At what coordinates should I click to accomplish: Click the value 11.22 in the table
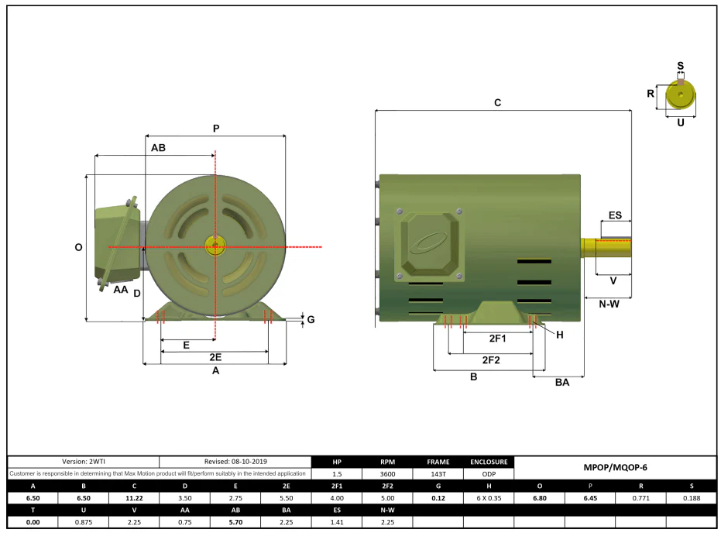(x=134, y=498)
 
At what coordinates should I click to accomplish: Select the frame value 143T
(x=438, y=473)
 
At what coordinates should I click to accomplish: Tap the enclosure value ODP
(x=489, y=473)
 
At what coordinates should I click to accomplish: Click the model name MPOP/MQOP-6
(x=615, y=467)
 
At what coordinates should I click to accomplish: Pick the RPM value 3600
(x=388, y=473)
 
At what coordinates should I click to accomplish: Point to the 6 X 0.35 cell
(x=489, y=498)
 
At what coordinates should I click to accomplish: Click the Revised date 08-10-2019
(x=249, y=461)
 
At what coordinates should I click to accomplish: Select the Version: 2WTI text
(x=84, y=461)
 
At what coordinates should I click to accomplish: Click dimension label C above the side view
(x=497, y=102)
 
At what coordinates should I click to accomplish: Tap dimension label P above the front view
(x=216, y=129)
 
